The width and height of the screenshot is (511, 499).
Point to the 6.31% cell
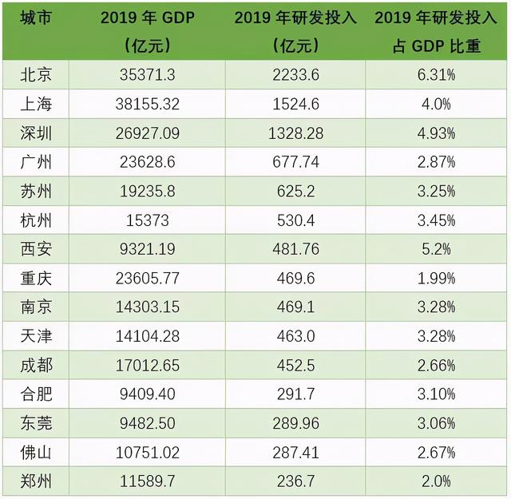coord(438,76)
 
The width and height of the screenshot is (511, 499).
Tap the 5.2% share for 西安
coord(438,250)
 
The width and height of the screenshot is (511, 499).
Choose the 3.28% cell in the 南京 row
coord(438,307)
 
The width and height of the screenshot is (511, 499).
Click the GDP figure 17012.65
coord(150,366)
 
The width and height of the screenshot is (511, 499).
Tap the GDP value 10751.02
coord(150,452)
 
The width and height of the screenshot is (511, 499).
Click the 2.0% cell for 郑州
coord(438,481)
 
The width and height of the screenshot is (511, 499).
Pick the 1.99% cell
coord(438,279)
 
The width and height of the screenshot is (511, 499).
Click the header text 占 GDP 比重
coord(438,46)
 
